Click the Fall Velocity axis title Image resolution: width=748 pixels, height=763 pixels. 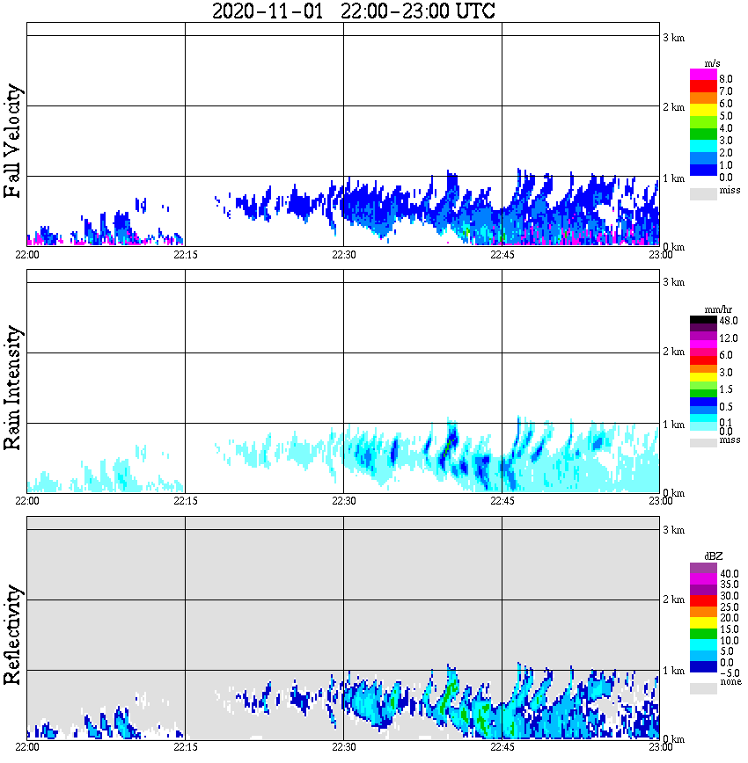pos(13,142)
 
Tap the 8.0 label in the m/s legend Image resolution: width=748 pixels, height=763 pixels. pos(726,78)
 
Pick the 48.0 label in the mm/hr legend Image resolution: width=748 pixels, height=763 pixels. pos(726,320)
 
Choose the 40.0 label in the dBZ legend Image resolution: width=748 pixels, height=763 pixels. pos(727,573)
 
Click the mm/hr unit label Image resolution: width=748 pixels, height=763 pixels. pos(707,309)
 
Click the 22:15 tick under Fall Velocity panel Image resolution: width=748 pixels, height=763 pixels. pos(185,255)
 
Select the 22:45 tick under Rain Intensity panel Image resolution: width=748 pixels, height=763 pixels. pos(502,501)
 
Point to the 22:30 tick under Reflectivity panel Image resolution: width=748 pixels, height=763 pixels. pos(343,747)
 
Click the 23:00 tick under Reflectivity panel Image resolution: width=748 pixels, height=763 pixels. pos(660,747)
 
